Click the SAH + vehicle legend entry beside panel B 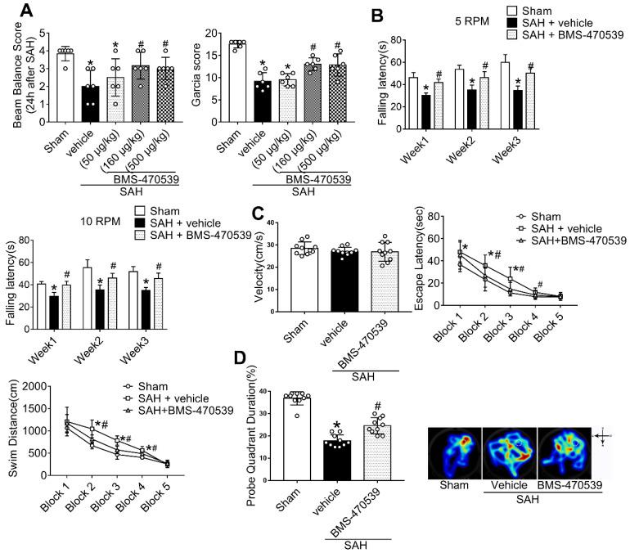(567, 24)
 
